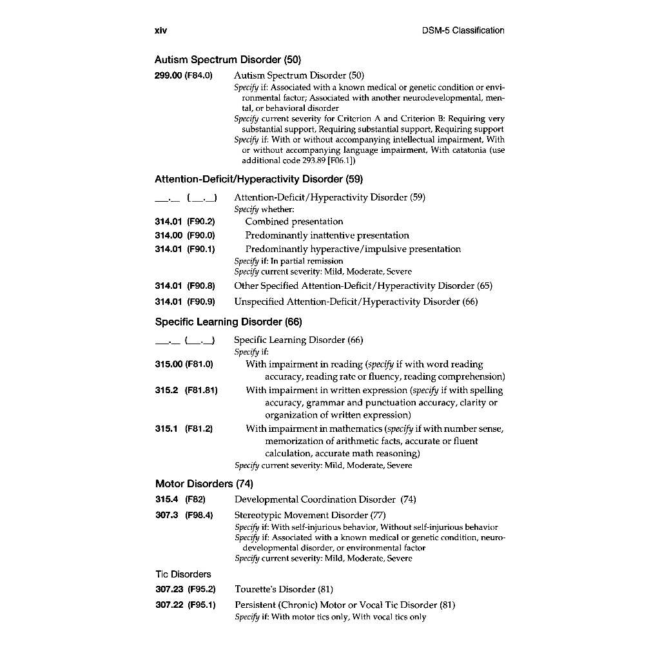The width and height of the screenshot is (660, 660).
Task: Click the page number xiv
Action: coord(160,30)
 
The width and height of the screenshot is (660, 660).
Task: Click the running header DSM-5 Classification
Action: coord(463,30)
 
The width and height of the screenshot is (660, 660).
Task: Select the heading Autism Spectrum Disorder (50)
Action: coord(228,61)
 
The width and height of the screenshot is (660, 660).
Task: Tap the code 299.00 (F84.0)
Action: coord(184,75)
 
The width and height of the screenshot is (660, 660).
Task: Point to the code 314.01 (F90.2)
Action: coord(185,222)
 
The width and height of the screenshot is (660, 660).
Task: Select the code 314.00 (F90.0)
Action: coord(185,235)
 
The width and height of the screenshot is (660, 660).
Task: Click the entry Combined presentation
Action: coord(294,222)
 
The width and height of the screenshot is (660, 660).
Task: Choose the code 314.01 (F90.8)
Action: coord(185,286)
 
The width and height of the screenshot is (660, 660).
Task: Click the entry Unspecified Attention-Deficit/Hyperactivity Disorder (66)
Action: coord(356,302)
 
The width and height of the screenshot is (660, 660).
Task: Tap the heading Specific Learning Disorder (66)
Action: coord(228,322)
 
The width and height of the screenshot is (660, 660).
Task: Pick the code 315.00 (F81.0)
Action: coord(184,364)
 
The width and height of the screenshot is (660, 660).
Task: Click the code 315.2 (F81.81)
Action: coord(186,390)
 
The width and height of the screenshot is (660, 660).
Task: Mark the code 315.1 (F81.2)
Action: coord(184,429)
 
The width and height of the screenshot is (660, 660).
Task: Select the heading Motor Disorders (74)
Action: coord(204,483)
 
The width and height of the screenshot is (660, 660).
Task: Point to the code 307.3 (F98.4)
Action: coord(184,515)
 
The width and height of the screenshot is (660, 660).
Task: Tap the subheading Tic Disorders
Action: coord(183,574)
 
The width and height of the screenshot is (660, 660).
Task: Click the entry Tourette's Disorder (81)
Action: coord(284,589)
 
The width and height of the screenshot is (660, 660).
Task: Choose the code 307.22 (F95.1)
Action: coord(186,605)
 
